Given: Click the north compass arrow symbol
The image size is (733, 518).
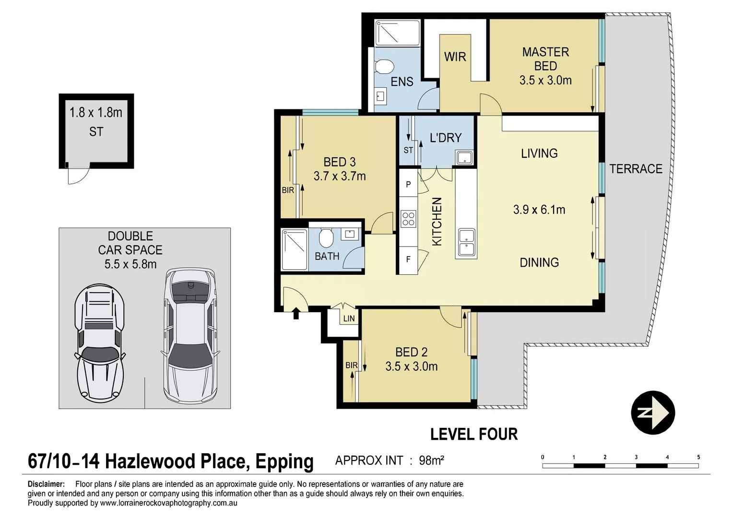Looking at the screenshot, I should (652, 412).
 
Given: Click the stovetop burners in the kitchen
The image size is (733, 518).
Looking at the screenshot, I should (408, 219).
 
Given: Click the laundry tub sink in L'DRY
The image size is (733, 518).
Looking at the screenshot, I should (464, 157).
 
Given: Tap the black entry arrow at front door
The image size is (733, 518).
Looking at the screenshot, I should (296, 314).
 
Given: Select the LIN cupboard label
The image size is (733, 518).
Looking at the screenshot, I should (349, 318).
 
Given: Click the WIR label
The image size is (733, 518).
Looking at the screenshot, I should (455, 57).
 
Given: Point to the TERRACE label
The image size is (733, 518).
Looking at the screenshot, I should (636, 169).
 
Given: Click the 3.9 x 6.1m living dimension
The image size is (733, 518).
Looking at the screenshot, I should (539, 210).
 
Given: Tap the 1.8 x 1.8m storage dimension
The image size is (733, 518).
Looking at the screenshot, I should (96, 113).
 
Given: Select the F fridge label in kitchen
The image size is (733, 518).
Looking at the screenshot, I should (408, 259).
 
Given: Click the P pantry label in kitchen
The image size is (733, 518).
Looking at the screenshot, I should (408, 184).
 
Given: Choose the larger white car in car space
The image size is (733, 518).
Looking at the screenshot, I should (190, 335).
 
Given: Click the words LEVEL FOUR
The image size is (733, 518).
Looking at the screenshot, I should (474, 434).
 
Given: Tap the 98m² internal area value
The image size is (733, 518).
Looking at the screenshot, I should (431, 460).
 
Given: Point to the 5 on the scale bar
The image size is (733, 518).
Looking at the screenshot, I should (698, 457).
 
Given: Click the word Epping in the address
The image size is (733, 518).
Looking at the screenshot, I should (284, 461).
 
